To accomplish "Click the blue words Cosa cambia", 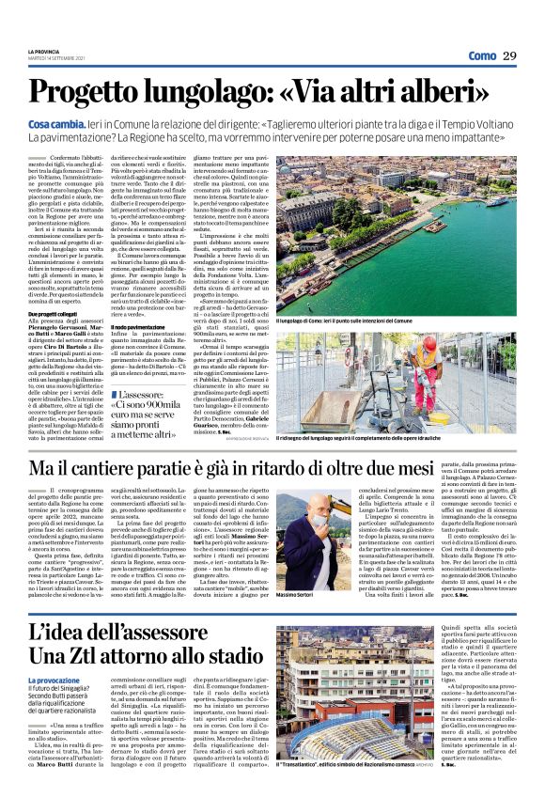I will tap(57, 124).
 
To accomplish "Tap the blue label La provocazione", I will tap(54, 707).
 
